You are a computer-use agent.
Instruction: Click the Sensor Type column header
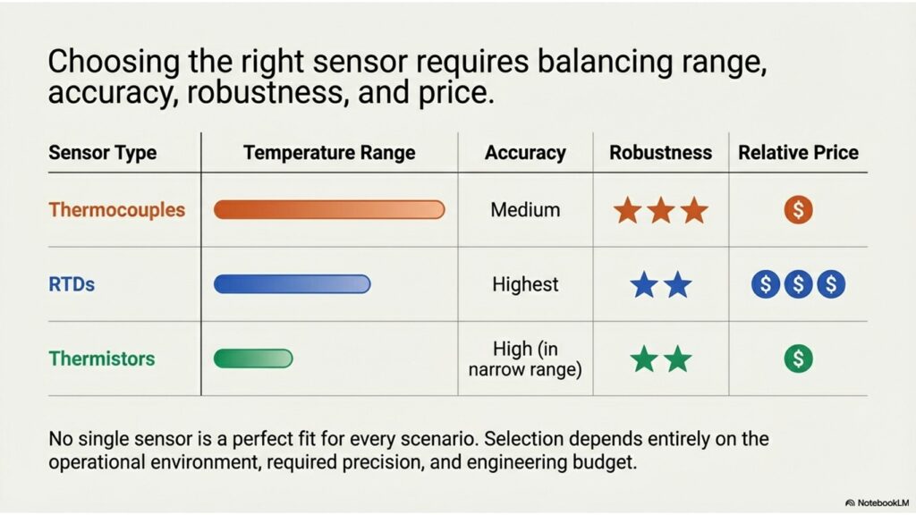coord(103,153)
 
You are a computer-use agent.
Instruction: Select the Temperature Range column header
coord(329,153)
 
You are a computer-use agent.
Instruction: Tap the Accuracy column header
coord(525,153)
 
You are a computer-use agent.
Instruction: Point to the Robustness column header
coord(661,153)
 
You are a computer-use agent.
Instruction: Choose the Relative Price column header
coord(798,153)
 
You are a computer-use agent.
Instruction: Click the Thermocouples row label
coord(117,210)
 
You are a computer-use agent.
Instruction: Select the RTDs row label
coord(72,284)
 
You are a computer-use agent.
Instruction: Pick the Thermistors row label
coord(102,359)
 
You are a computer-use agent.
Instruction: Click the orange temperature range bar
coord(329,209)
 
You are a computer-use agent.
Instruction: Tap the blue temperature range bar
coord(293,284)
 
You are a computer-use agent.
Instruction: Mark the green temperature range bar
coord(253,359)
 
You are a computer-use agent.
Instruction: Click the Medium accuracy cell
coord(525,209)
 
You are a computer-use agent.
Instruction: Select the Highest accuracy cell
coord(525,284)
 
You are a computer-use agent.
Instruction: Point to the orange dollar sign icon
coord(798,209)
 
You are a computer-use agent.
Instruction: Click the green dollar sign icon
coord(798,359)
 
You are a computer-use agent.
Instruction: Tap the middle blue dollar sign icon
coord(798,284)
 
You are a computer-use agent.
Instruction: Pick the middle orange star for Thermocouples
coord(661,210)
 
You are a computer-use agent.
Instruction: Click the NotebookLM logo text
coord(878,502)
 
